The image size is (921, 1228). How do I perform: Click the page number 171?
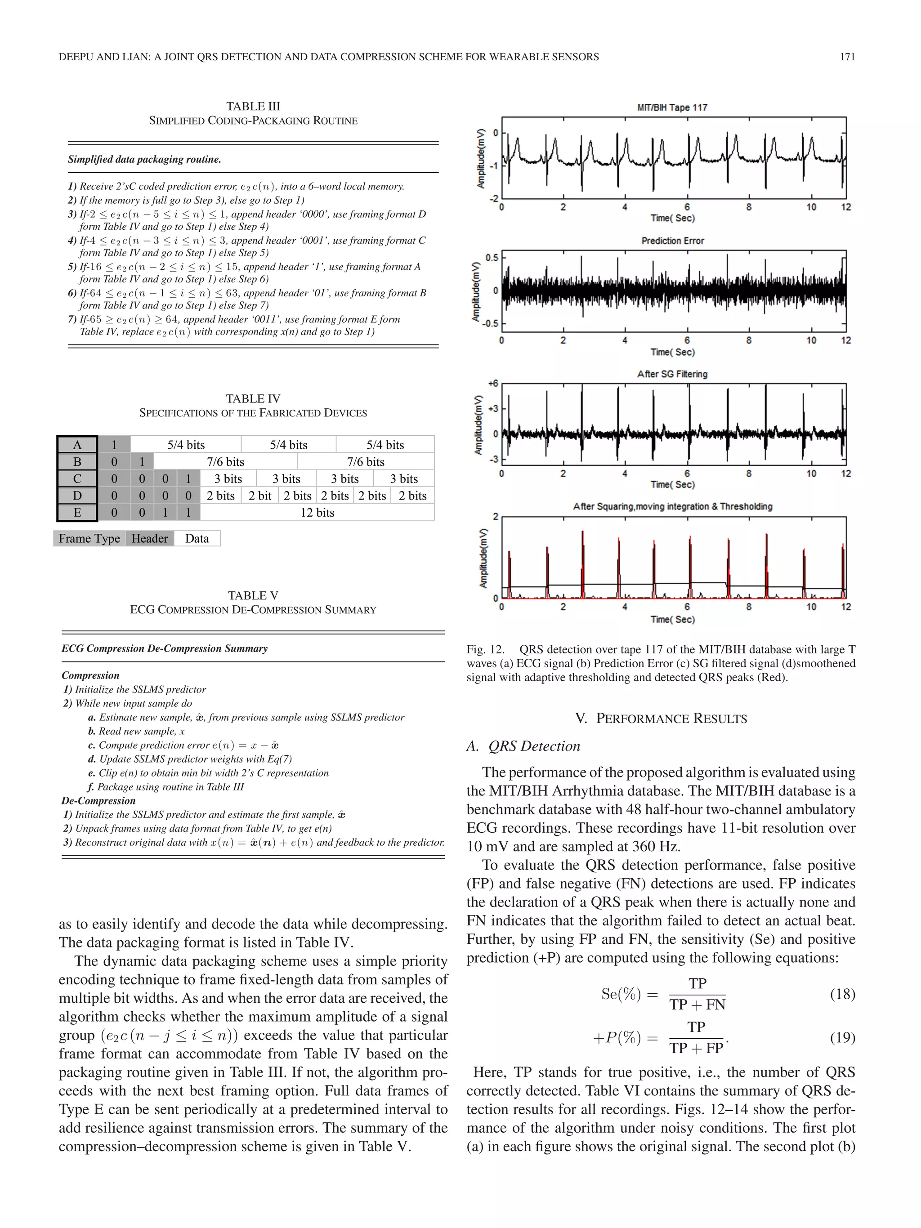click(847, 57)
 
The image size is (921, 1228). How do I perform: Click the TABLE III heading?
click(253, 106)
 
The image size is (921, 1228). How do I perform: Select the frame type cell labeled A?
click(77, 445)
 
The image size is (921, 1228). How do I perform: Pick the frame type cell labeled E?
click(77, 513)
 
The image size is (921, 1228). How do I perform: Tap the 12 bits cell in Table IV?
click(317, 513)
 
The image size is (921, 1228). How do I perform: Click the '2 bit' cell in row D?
click(260, 495)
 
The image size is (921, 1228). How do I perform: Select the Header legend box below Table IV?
click(149, 539)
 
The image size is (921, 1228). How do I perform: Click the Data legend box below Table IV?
click(197, 539)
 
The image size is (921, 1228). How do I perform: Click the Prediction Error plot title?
click(672, 241)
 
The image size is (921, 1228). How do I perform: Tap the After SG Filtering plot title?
click(672, 374)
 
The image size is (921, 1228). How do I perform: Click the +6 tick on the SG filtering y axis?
click(493, 384)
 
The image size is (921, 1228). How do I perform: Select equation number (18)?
click(842, 994)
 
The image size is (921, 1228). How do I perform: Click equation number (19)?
click(842, 1037)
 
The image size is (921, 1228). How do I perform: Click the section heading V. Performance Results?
click(661, 719)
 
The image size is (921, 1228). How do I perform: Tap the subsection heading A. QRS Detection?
click(523, 746)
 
